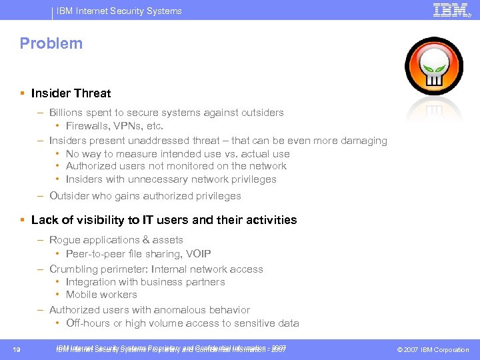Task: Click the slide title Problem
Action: tap(51, 44)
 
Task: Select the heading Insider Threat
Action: tap(71, 93)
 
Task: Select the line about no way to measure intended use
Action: tap(177, 154)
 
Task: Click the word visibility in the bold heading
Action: tap(91, 220)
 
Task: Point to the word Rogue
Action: tap(64, 240)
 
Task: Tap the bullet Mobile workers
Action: tap(101, 295)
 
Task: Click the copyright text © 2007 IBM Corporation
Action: tap(433, 350)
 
